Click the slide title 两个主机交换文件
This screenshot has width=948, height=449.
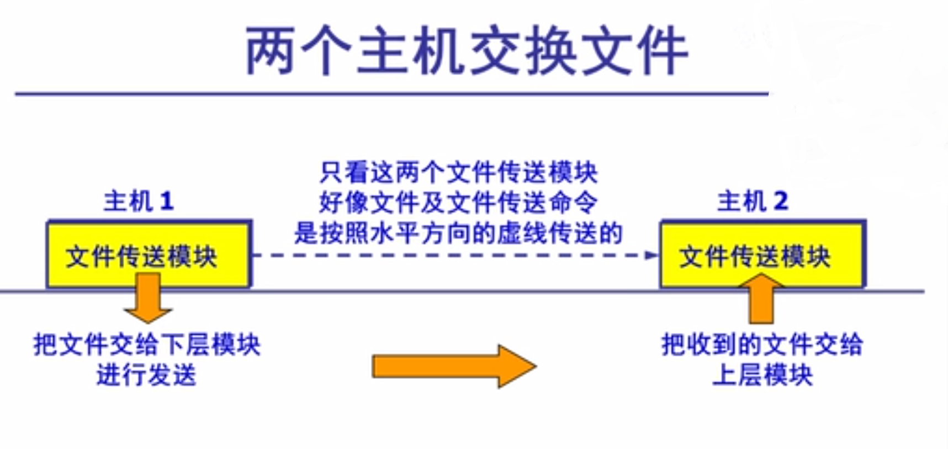tap(467, 51)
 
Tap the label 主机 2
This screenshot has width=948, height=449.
tap(753, 201)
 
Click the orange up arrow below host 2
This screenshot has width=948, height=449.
tap(761, 301)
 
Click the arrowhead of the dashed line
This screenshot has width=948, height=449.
tap(652, 255)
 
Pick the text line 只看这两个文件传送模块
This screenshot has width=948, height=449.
tap(458, 172)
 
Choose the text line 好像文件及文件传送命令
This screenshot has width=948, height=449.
tap(458, 203)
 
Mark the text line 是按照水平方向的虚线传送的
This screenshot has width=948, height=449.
tap(458, 233)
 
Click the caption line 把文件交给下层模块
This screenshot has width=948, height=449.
tap(147, 345)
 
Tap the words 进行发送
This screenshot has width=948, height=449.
tap(147, 376)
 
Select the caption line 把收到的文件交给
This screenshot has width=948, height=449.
tap(762, 345)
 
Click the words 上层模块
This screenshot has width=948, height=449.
tap(762, 376)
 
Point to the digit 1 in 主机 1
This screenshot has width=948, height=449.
tap(167, 202)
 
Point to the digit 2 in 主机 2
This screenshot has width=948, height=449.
tap(781, 202)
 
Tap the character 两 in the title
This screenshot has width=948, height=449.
tap(270, 51)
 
